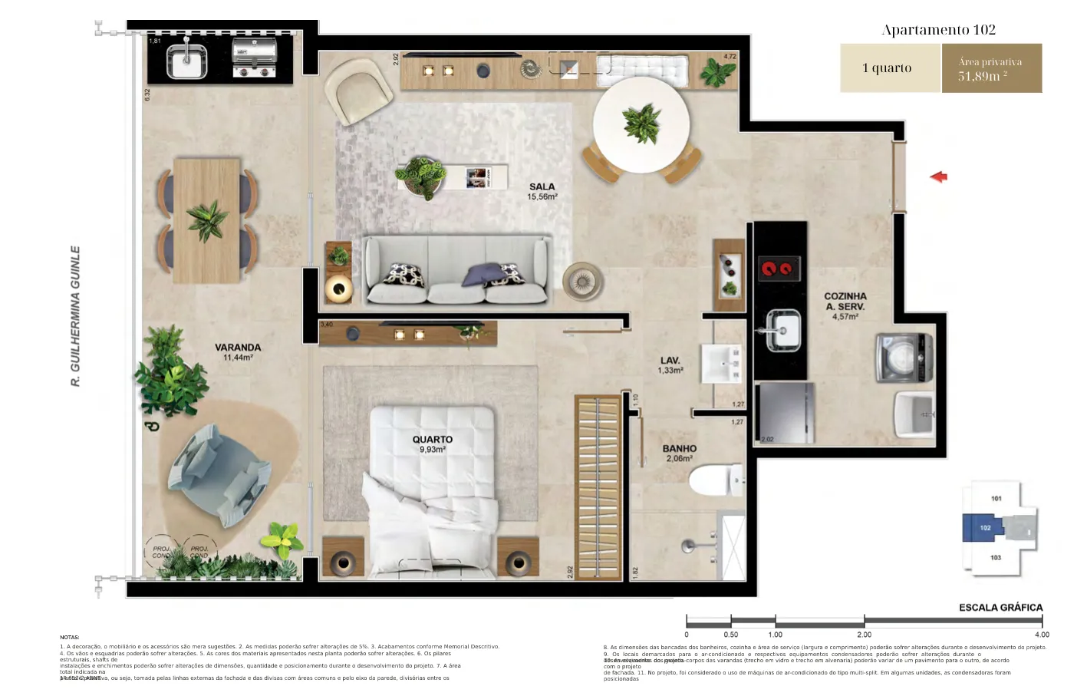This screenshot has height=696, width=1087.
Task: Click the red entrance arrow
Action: pyautogui.click(x=938, y=177)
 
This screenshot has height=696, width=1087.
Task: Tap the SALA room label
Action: pyautogui.click(x=542, y=187)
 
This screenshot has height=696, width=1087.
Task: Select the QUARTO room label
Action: pyautogui.click(x=432, y=440)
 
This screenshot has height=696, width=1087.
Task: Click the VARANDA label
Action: pyautogui.click(x=238, y=348)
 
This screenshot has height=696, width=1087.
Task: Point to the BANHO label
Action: pyautogui.click(x=679, y=449)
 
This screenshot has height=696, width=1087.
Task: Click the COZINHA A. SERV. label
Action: pyautogui.click(x=845, y=302)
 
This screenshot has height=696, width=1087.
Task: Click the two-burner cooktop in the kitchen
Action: pyautogui.click(x=779, y=269)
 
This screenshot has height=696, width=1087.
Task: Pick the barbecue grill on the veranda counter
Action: pyautogui.click(x=254, y=59)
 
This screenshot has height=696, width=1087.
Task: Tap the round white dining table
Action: pyautogui.click(x=641, y=125)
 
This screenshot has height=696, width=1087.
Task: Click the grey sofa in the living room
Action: pyautogui.click(x=456, y=270)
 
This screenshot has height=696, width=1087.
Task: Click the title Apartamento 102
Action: pyautogui.click(x=938, y=30)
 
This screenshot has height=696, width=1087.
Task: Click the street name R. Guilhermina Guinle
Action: pyautogui.click(x=75, y=315)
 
